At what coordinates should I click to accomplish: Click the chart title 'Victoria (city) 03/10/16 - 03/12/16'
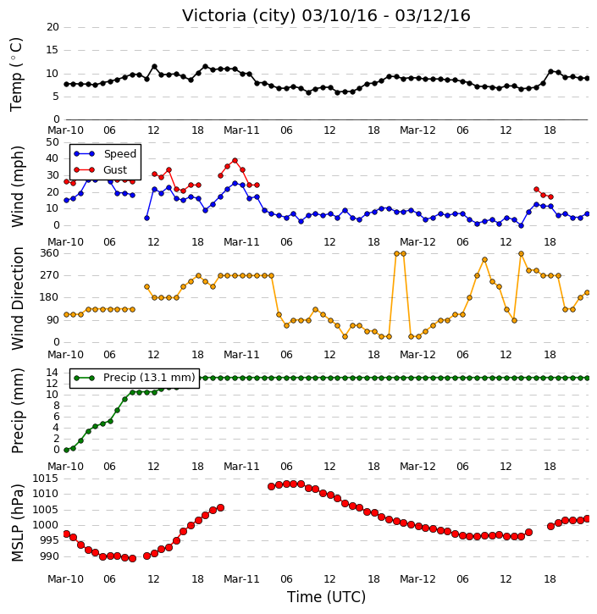click(x=326, y=15)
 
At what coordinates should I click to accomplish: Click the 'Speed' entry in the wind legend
click(x=119, y=154)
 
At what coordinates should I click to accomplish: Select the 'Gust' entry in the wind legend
click(x=115, y=170)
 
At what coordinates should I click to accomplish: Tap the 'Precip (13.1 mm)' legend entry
click(x=149, y=378)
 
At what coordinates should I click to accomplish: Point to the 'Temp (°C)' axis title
click(x=16, y=75)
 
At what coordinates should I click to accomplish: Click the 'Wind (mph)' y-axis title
click(x=17, y=186)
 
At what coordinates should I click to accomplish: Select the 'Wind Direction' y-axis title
click(x=17, y=298)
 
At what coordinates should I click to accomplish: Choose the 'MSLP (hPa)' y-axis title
click(x=17, y=523)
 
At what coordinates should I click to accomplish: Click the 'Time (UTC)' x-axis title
click(x=326, y=597)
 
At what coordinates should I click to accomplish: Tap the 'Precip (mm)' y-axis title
click(x=17, y=411)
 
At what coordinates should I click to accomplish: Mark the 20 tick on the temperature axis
click(x=53, y=27)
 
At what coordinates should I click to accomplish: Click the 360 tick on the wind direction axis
click(x=50, y=253)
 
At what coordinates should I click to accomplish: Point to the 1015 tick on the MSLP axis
click(x=45, y=478)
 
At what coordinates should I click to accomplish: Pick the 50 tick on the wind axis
click(x=53, y=142)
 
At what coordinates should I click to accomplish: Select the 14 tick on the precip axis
click(x=53, y=373)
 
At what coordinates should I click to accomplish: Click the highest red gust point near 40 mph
click(x=235, y=161)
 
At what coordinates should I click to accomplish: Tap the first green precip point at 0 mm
click(x=67, y=450)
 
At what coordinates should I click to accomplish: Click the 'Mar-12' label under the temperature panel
click(x=417, y=130)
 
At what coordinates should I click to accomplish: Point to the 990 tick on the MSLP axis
click(x=49, y=556)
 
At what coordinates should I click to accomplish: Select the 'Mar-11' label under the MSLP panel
click(x=241, y=579)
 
